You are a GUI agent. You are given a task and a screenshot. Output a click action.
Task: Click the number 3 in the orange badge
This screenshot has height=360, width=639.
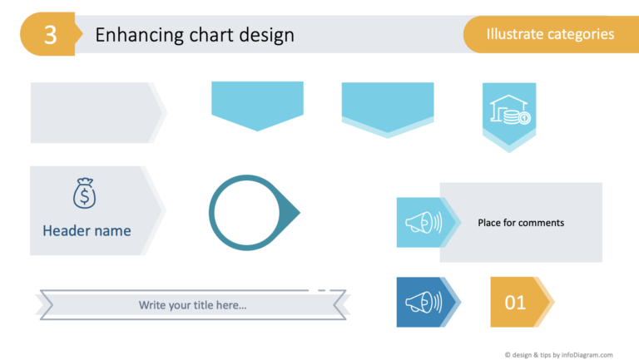(x=51, y=35)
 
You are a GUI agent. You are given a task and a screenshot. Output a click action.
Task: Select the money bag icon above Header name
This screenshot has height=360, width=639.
(x=85, y=195)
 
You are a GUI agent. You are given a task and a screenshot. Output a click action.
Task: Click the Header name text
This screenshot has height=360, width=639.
(x=87, y=230)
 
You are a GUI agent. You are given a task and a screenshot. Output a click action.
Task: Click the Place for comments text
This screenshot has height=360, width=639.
(x=521, y=223)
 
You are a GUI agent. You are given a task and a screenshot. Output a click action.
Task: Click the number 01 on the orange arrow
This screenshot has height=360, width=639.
(x=516, y=302)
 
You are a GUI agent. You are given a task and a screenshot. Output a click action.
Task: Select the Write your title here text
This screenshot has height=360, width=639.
(x=192, y=305)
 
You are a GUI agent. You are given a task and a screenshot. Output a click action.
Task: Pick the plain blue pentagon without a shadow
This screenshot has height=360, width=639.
(x=257, y=103)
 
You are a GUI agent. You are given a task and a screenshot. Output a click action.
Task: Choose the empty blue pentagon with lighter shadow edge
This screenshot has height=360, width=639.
(x=388, y=106)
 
